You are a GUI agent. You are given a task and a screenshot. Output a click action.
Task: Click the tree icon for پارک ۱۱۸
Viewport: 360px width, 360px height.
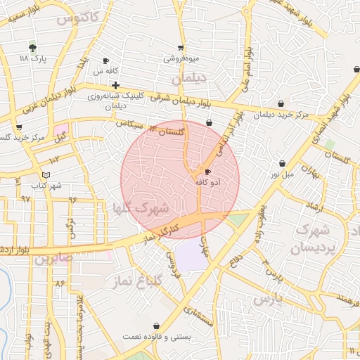(x=32, y=47)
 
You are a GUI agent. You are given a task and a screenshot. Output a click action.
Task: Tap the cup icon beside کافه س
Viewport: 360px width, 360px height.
(x=105, y=61)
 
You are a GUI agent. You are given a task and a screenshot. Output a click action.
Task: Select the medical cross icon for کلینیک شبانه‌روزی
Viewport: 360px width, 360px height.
(x=115, y=85)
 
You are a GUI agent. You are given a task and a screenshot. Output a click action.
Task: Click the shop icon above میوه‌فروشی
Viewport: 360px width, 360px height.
(x=181, y=48)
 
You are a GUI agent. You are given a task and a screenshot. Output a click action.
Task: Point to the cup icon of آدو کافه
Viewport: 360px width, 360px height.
(x=207, y=172)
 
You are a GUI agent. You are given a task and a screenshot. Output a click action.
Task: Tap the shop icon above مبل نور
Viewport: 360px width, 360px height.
(x=282, y=163)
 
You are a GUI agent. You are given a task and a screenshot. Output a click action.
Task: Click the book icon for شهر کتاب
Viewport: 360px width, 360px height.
(x=46, y=174)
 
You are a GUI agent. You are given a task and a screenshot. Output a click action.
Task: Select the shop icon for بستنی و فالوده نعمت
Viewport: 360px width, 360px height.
(x=155, y=326)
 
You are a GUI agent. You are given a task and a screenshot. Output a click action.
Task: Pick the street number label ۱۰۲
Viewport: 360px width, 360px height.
(x=55, y=161)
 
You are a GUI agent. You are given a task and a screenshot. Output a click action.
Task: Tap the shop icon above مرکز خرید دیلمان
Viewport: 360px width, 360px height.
(x=281, y=104)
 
